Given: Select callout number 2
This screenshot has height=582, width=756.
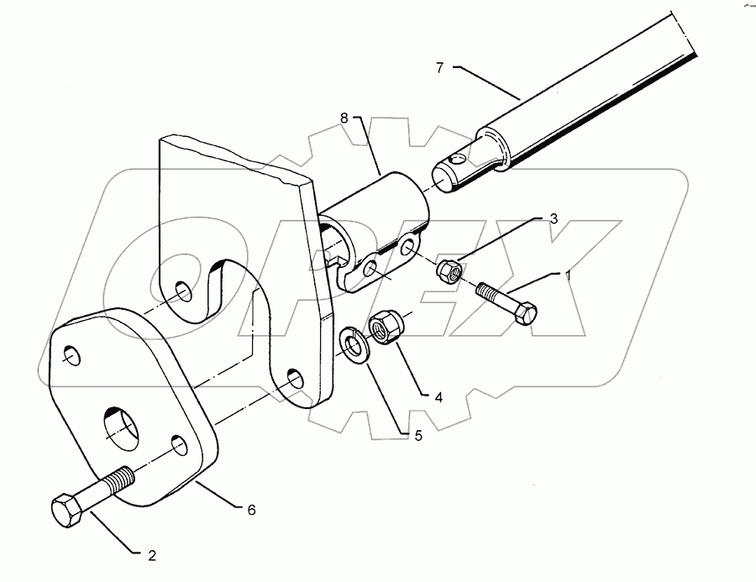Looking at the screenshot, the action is [x=152, y=555].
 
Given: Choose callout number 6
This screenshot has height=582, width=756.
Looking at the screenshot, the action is [x=250, y=510].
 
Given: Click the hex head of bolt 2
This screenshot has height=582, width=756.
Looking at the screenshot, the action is [x=66, y=510].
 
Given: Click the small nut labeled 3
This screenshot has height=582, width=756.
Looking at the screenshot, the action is [x=447, y=270].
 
